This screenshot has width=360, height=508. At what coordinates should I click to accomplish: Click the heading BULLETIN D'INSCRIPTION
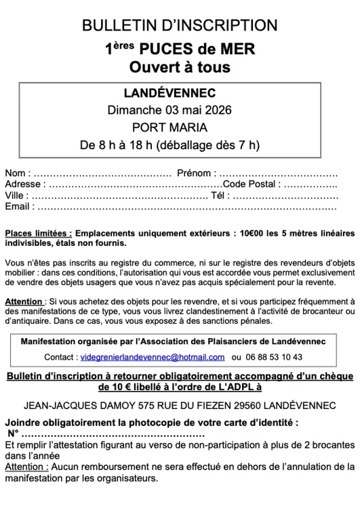click(x=180, y=26)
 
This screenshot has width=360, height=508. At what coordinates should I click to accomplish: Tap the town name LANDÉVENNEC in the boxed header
click(x=180, y=93)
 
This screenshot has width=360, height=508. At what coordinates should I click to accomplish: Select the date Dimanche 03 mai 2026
click(x=180, y=110)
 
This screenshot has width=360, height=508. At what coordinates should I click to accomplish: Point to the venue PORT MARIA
click(x=180, y=127)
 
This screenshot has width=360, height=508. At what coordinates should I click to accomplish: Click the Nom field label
click(x=16, y=173)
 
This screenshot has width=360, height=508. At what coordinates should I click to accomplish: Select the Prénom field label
click(x=195, y=173)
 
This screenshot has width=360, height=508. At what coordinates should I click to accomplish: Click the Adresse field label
click(x=24, y=184)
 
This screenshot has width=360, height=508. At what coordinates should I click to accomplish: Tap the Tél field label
click(x=217, y=195)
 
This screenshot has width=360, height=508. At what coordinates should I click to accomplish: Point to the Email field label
click(x=18, y=206)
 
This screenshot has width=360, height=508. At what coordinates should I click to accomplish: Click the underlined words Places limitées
click(x=38, y=233)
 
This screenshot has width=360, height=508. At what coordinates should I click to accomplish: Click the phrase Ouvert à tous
click(x=180, y=67)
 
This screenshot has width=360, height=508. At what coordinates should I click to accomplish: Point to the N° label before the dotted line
click(x=14, y=433)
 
